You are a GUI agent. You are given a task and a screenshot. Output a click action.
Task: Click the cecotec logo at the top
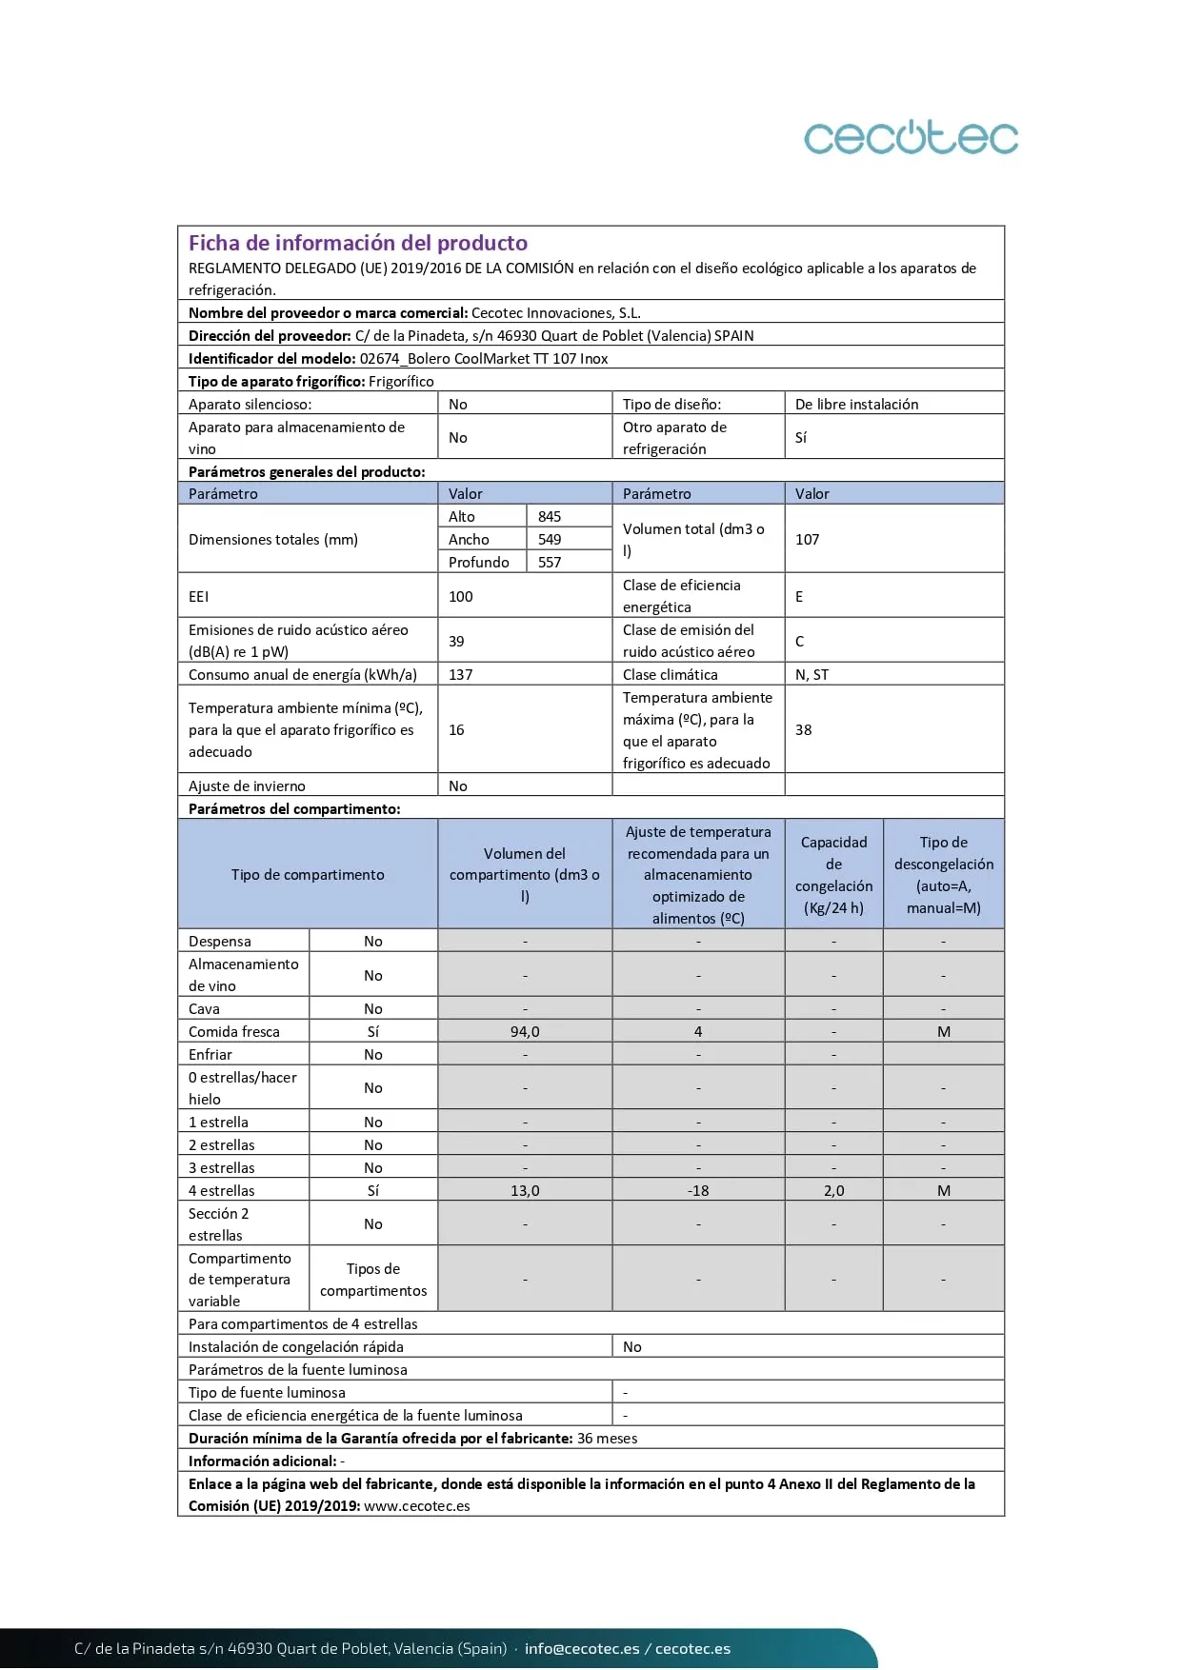(911, 138)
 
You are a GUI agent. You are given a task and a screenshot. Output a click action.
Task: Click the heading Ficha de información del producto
(358, 243)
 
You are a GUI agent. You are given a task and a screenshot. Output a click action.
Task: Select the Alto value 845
(550, 516)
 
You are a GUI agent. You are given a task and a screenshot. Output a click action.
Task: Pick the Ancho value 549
(550, 539)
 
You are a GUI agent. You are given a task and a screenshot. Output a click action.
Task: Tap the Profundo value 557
(550, 562)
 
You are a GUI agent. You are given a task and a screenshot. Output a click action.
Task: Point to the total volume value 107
(808, 539)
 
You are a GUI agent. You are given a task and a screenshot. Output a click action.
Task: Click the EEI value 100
(461, 596)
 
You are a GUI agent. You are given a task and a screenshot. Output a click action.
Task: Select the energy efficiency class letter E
(799, 596)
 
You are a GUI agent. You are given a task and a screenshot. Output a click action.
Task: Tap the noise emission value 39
(456, 641)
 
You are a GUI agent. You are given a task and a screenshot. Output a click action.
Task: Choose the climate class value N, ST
(811, 674)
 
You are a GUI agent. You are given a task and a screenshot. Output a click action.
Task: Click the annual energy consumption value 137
(461, 674)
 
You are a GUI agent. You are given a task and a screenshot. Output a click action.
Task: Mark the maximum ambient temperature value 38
(804, 729)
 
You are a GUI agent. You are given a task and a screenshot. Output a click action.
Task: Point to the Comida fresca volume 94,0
(525, 1031)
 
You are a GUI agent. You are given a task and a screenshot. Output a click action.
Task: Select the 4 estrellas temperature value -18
(698, 1190)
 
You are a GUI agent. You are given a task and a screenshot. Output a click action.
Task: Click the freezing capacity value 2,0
(833, 1190)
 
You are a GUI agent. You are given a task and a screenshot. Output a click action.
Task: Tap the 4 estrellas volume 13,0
(525, 1190)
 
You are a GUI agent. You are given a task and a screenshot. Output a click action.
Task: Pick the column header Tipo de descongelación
(943, 874)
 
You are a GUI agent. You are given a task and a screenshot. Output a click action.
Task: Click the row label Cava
(204, 1008)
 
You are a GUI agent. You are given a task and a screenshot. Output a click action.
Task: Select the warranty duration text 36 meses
(608, 1438)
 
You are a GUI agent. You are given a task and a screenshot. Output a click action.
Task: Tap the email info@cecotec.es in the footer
(582, 1648)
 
